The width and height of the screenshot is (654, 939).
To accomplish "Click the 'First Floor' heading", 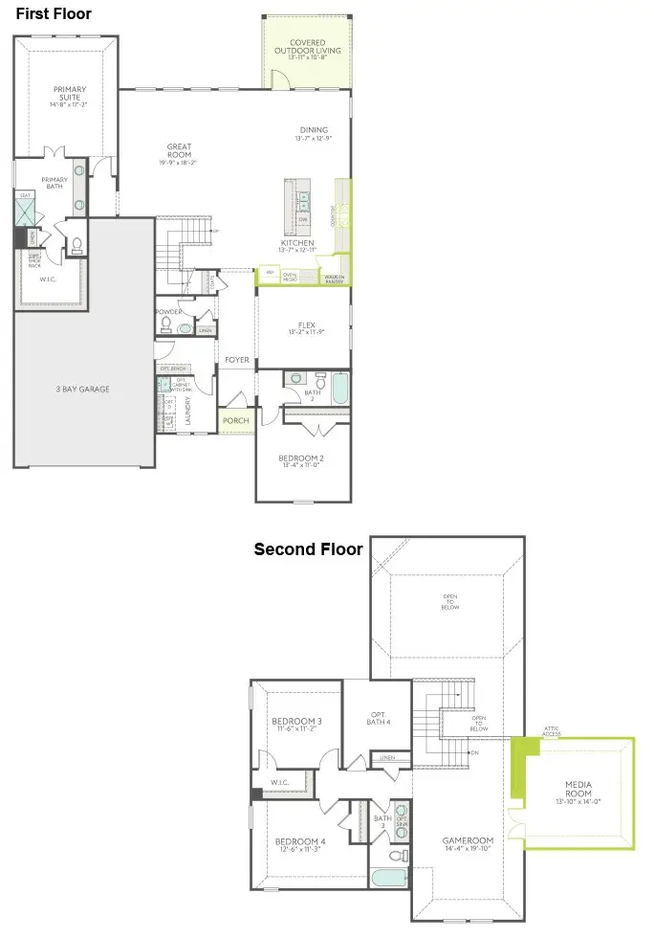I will click(x=54, y=14).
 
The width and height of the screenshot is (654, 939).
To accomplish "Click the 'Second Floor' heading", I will click(x=308, y=549).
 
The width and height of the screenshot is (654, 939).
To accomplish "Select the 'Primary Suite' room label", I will click(x=69, y=93).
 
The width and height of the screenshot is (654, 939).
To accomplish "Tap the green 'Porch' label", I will click(x=235, y=419).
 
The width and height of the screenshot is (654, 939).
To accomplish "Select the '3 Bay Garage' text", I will click(x=82, y=389).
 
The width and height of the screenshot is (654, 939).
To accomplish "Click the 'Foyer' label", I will click(x=236, y=361).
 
